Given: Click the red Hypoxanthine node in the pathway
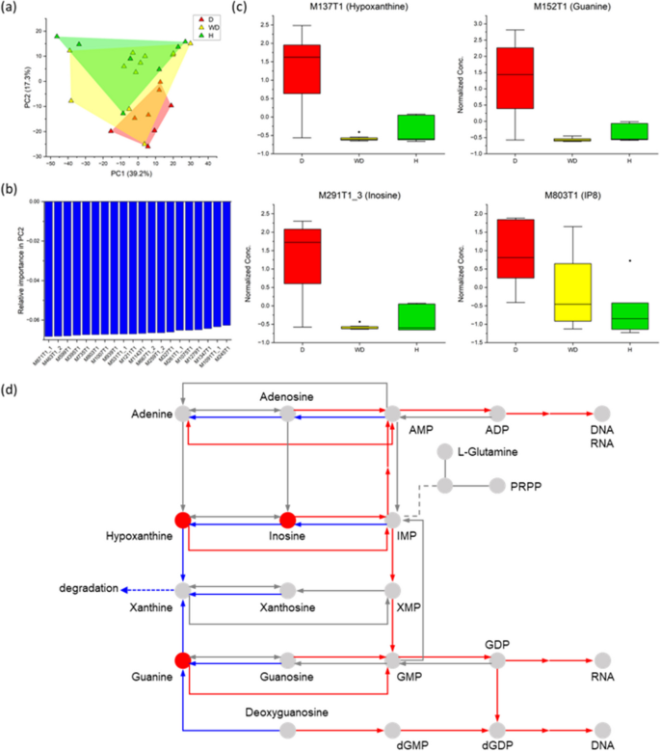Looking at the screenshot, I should pos(181,521).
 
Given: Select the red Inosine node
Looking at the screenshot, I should pos(286,521).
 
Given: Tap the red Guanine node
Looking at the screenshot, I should pos(181,660).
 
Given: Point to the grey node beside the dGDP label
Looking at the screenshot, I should pos(497,731).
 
